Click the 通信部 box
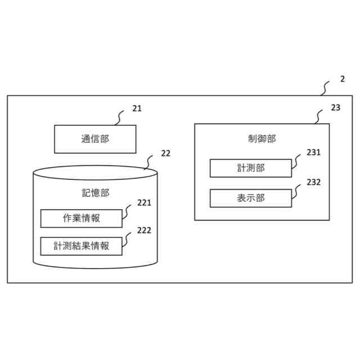point(94,139)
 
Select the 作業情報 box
point(81,218)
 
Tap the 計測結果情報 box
point(81,246)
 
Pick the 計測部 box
point(251,168)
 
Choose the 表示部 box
point(251,198)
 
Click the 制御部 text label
point(262,138)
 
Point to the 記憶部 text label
point(95,193)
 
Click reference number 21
point(137,109)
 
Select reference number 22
point(165,153)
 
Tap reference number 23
point(335,107)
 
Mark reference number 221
point(145,203)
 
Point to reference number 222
point(145,230)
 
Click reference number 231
point(313,152)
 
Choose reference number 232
point(313,182)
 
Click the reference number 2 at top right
point(343,79)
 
